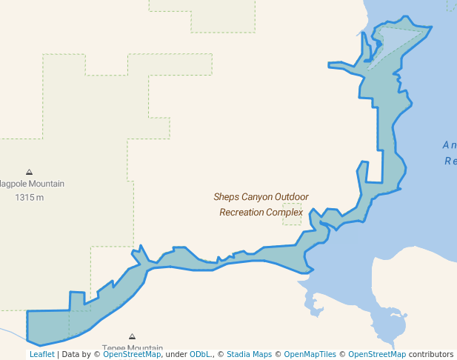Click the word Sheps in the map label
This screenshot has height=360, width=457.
226,197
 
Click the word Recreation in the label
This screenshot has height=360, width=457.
244,213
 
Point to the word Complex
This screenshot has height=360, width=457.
287,213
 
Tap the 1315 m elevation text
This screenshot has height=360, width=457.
30,198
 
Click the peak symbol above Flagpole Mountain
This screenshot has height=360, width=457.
30,172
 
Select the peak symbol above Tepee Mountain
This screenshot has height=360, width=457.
133,336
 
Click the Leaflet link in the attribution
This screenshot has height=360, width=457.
41,355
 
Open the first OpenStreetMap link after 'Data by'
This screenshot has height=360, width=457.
132,355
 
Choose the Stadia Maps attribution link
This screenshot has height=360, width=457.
249,355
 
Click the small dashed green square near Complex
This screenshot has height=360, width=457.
292,214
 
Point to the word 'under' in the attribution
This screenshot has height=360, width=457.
176,355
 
